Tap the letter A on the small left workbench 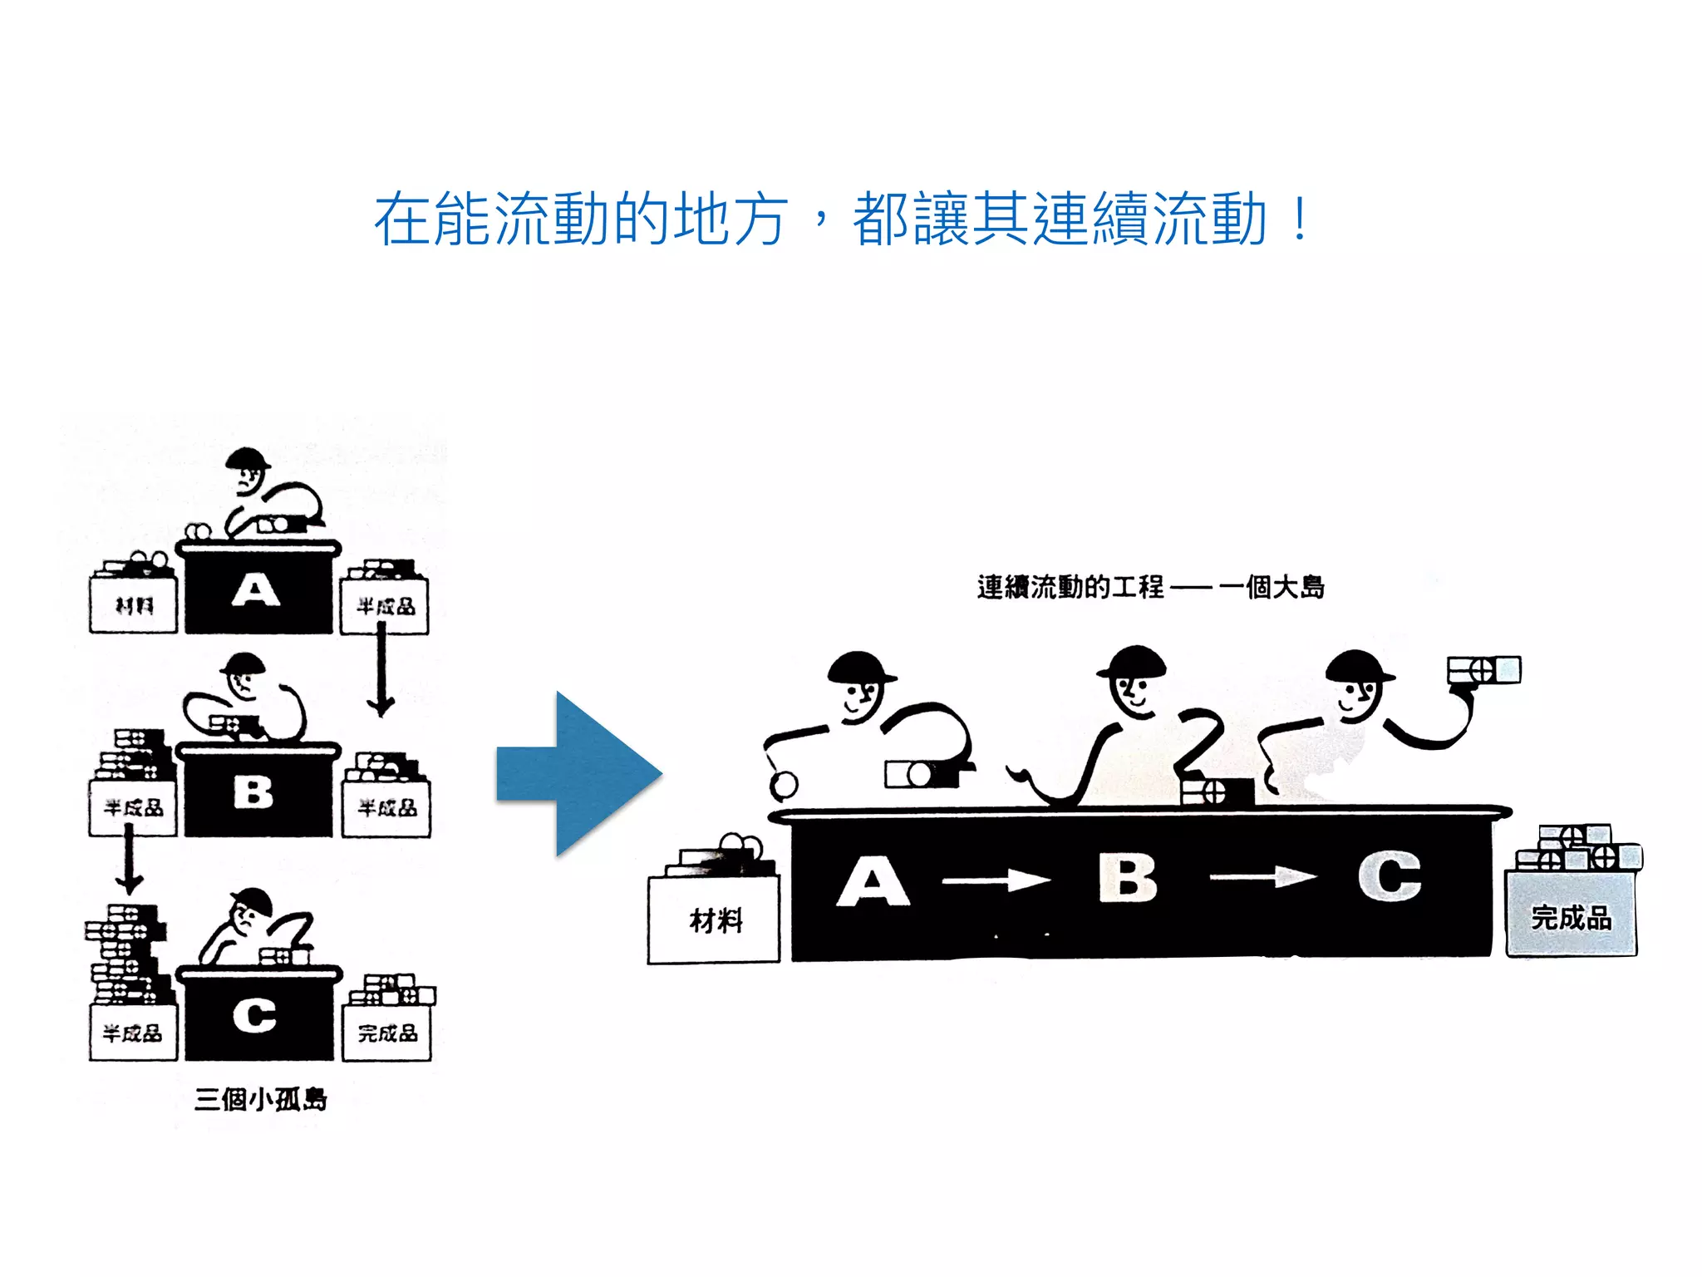(x=255, y=591)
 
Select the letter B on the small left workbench (x=253, y=791)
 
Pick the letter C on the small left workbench (x=254, y=1015)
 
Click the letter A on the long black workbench (x=872, y=882)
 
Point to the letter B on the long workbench (x=1127, y=878)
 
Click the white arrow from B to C (x=1263, y=876)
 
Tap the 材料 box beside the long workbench (x=714, y=920)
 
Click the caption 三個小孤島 (x=261, y=1099)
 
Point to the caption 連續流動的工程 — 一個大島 (x=1150, y=587)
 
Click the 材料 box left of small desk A (x=134, y=604)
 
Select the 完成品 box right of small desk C (x=387, y=1033)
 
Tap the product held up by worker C (x=1483, y=670)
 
